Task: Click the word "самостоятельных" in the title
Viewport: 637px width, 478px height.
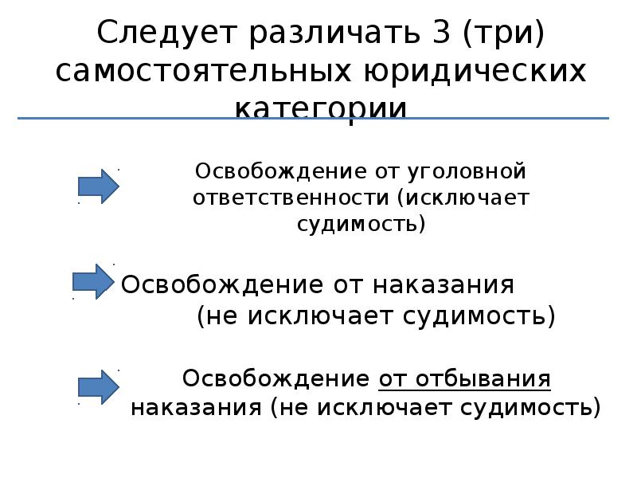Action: [x=204, y=72]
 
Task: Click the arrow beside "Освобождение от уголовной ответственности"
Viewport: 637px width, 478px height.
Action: [x=98, y=186]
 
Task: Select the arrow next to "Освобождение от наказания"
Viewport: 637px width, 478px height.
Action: [x=94, y=281]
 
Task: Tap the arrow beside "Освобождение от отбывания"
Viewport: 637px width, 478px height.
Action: [x=98, y=386]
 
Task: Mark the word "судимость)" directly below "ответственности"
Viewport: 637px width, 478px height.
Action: [x=361, y=224]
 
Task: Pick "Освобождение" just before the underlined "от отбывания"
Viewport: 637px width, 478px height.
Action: [x=276, y=378]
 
